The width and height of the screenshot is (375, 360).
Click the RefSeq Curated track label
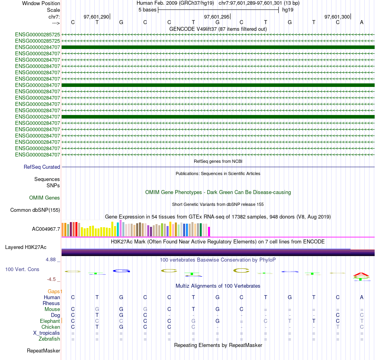[x=42, y=167]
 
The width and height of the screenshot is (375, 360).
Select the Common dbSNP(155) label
[x=35, y=210]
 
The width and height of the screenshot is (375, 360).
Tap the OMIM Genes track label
[x=45, y=198]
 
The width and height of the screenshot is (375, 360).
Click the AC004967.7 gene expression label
[x=46, y=229]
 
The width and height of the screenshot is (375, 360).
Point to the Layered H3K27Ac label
[x=26, y=247]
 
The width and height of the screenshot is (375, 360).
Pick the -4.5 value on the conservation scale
[x=52, y=279]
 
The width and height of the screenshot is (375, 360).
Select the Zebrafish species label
[x=49, y=339]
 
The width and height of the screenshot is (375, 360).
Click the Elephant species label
[x=50, y=321]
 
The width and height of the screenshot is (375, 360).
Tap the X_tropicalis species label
[x=47, y=333]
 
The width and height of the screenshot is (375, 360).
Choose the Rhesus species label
[x=51, y=303]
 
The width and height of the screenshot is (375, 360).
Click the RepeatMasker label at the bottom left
[x=43, y=351]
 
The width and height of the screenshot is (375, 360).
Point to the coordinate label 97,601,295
[x=216, y=17]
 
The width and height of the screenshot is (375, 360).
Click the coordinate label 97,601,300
[x=337, y=17]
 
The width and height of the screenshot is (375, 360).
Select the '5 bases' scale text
[x=147, y=10]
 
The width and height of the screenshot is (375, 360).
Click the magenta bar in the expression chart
[x=209, y=231]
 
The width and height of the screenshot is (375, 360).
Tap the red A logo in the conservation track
[x=361, y=274]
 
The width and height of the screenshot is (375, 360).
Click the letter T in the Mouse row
[x=193, y=309]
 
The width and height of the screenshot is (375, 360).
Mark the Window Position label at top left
[x=41, y=3]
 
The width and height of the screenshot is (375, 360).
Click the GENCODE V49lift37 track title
[x=218, y=29]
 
